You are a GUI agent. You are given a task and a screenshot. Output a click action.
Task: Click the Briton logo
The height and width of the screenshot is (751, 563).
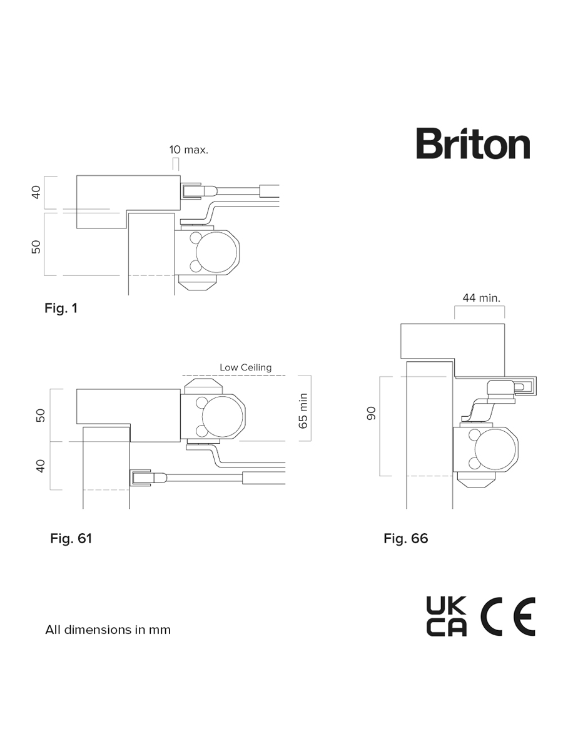(473, 144)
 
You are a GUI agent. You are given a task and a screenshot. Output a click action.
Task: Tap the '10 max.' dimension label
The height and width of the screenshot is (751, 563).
(188, 150)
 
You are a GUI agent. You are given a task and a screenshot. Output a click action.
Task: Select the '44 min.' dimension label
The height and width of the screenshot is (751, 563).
(481, 299)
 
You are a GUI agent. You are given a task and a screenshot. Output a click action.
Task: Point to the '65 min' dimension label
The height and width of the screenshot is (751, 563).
(303, 411)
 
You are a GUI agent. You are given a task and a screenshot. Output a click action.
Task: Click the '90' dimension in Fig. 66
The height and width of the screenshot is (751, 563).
(371, 413)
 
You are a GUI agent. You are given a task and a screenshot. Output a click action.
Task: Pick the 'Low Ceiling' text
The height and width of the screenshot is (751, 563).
(245, 367)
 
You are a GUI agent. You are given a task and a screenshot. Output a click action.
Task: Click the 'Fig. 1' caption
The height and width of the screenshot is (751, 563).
(61, 308)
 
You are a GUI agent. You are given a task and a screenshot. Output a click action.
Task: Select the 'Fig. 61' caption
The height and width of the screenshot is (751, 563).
(71, 538)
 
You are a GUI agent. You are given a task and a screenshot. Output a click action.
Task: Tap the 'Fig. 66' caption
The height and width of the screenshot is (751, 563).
(405, 538)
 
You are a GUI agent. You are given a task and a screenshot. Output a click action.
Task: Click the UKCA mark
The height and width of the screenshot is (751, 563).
(446, 616)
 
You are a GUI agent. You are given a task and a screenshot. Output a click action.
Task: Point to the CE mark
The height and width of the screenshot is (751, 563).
(507, 616)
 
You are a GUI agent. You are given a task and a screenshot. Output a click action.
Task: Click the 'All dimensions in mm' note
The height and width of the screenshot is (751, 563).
(108, 630)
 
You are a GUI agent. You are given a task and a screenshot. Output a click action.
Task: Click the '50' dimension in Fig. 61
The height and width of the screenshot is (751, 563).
(41, 415)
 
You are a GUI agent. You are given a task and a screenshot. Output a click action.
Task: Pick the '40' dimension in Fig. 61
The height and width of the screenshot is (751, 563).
(41, 466)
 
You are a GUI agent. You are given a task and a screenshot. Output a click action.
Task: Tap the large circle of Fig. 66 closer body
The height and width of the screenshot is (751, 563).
(496, 449)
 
